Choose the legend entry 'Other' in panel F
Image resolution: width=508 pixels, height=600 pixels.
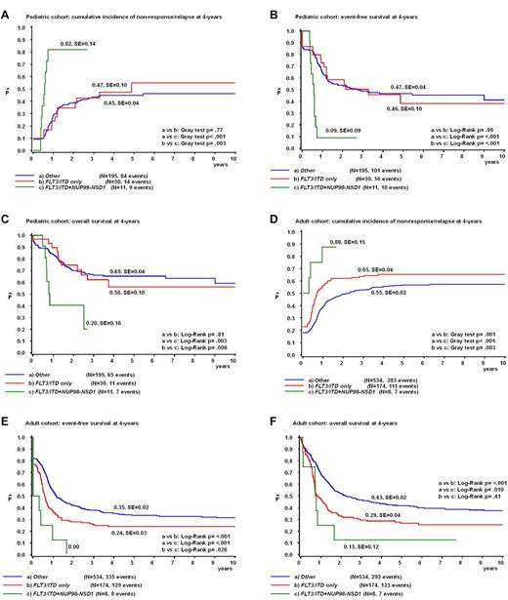[314, 582]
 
